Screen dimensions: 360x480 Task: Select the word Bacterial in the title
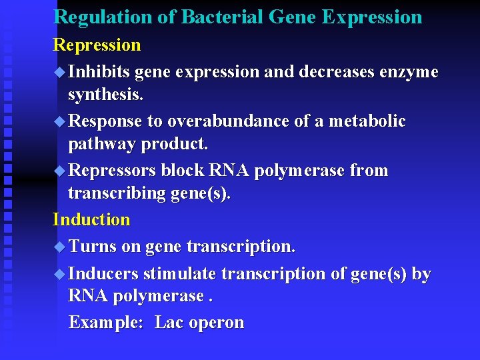pyautogui.click(x=211, y=17)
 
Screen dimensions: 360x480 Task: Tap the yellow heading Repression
pyautogui.click(x=97, y=45)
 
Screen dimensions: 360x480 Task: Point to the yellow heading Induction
pyautogui.click(x=91, y=219)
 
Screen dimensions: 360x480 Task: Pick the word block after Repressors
pyautogui.click(x=183, y=171)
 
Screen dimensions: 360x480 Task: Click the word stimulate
pyautogui.click(x=180, y=274)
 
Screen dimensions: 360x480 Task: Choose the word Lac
pyautogui.click(x=169, y=323)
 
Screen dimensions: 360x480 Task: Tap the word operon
pyautogui.click(x=217, y=323)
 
